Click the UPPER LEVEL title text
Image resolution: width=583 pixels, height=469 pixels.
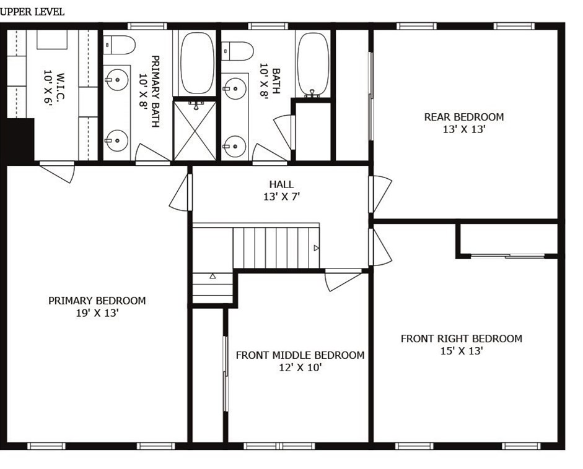click(32, 12)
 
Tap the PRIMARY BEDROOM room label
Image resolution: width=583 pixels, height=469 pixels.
click(97, 301)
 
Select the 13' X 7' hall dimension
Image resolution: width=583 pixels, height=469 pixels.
click(281, 197)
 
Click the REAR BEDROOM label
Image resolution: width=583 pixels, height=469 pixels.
click(463, 117)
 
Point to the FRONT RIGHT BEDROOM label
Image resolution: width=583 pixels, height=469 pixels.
click(461, 338)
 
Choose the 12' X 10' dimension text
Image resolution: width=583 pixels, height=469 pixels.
click(300, 368)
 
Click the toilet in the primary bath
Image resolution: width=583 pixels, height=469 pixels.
click(120, 45)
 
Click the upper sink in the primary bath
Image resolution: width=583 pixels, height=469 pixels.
click(115, 79)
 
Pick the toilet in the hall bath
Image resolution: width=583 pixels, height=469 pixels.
click(239, 49)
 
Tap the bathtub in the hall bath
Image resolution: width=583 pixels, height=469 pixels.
click(313, 62)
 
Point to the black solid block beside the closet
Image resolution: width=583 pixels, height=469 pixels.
click(19, 140)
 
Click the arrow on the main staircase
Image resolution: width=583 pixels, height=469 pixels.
click(317, 247)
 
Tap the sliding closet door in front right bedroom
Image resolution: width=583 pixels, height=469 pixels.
click(508, 255)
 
